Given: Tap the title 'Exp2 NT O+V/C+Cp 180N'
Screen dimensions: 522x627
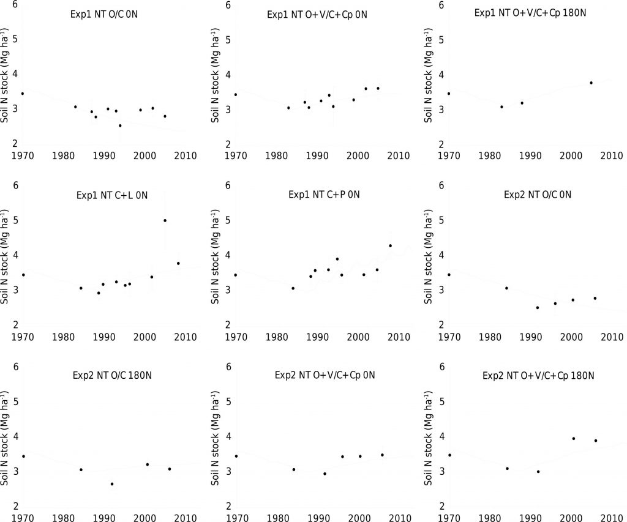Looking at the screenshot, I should click(x=539, y=375).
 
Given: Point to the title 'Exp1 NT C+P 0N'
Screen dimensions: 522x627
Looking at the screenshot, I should click(x=323, y=195).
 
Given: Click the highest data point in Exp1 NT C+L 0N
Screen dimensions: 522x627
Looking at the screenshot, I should click(x=165, y=220).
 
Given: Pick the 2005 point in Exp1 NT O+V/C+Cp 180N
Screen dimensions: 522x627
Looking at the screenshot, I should click(x=591, y=83).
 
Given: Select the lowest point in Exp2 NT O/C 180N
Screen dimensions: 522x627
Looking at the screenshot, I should click(x=112, y=484).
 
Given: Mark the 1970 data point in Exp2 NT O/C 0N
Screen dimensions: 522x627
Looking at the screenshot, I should click(x=449, y=275).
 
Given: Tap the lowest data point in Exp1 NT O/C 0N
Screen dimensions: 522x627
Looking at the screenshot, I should click(x=120, y=125).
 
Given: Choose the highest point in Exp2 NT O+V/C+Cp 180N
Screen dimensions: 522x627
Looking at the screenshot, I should click(x=573, y=438).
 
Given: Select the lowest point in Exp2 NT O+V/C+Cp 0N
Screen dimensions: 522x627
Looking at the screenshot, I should click(x=325, y=474).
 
